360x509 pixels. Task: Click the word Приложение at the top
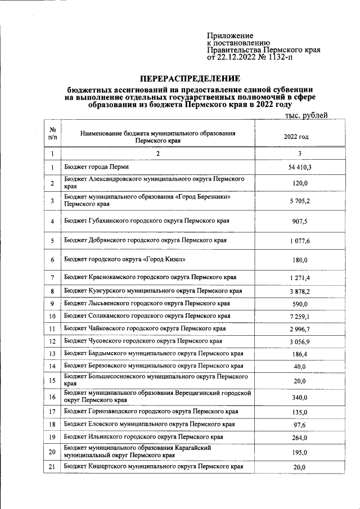tap(230, 35)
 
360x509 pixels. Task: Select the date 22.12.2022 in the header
tap(237, 57)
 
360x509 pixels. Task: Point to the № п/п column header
tap(52, 133)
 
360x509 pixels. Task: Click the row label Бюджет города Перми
tap(96, 168)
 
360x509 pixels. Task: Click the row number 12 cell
tap(52, 341)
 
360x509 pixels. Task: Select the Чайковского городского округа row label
tap(145, 328)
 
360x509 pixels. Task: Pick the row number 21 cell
tap(52, 467)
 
